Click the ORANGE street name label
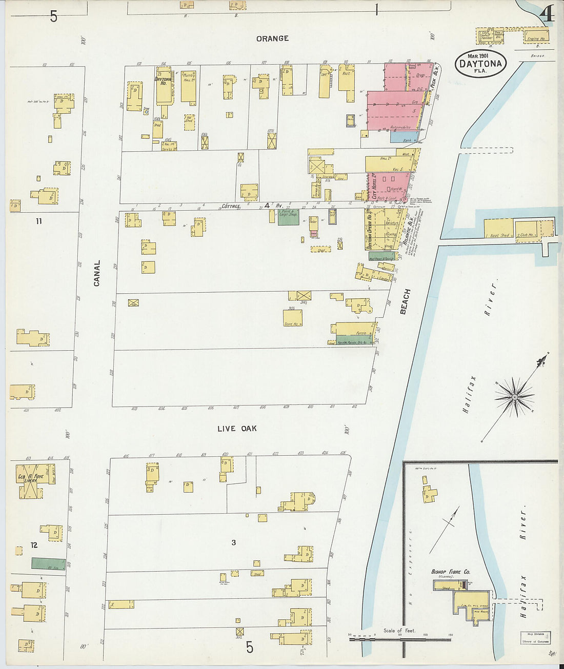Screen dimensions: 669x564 pyautogui.click(x=272, y=38)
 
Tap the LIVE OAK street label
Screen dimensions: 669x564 pyautogui.click(x=236, y=429)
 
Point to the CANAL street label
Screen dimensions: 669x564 pyautogui.click(x=97, y=273)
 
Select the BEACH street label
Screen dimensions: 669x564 pyautogui.click(x=406, y=301)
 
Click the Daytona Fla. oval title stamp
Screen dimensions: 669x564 pyautogui.click(x=480, y=64)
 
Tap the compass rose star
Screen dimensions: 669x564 pyautogui.click(x=514, y=397)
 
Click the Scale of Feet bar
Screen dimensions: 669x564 pyautogui.click(x=400, y=639)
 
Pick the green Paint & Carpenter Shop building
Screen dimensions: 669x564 pyautogui.click(x=288, y=217)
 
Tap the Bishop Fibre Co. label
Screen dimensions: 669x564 pyautogui.click(x=450, y=572)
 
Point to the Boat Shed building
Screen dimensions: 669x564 pyautogui.click(x=499, y=229)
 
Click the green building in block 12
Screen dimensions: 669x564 pyautogui.click(x=48, y=563)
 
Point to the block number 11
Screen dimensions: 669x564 pyautogui.click(x=38, y=221)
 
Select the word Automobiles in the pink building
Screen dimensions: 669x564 pyautogui.click(x=400, y=127)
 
